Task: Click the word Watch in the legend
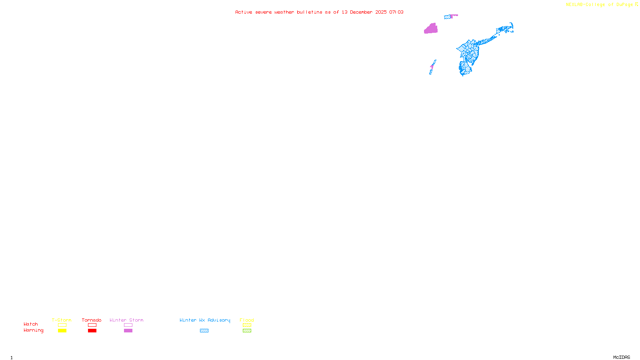(31, 324)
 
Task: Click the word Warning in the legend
(34, 330)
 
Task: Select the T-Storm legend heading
(62, 320)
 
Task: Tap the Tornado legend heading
(92, 320)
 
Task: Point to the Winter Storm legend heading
(126, 320)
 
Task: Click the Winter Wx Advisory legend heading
(205, 320)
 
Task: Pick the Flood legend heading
(247, 320)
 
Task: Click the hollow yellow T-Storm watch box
(62, 325)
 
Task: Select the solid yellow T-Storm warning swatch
(62, 331)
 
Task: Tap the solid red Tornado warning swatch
(92, 331)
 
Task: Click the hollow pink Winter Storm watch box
(128, 325)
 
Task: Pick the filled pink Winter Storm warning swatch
(128, 331)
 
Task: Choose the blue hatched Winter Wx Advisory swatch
(204, 331)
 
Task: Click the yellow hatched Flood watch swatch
(247, 325)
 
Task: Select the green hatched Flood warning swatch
(247, 331)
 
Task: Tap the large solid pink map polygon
(431, 29)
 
